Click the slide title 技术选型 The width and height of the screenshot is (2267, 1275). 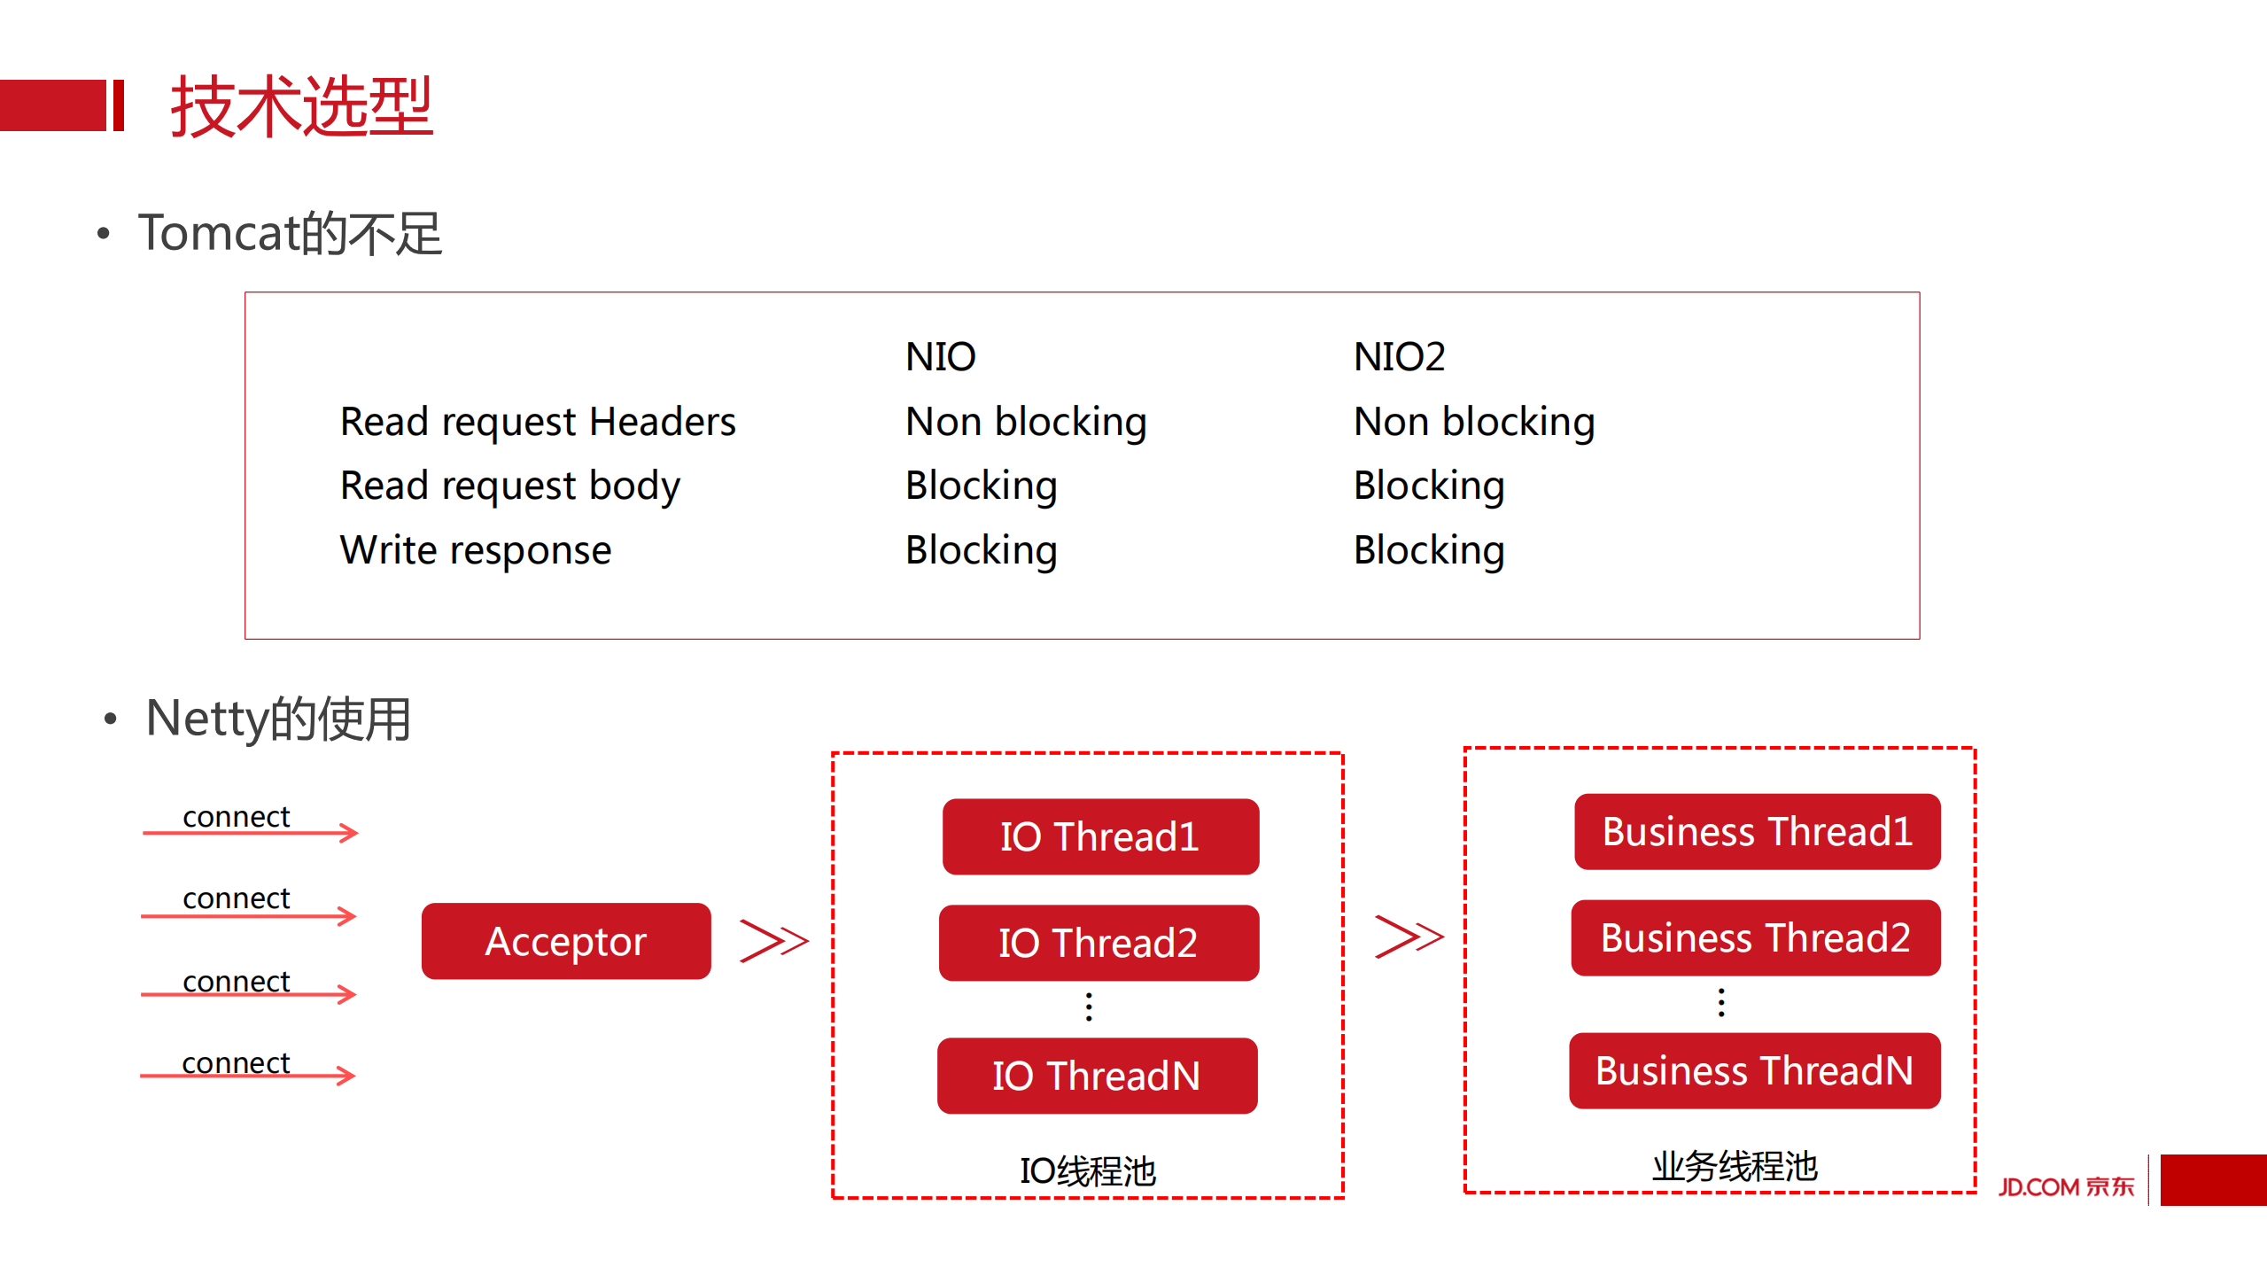click(x=301, y=106)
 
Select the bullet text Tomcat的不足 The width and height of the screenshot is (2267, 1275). click(x=290, y=234)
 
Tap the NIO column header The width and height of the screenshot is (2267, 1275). click(x=940, y=357)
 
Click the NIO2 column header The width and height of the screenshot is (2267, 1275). click(x=1399, y=357)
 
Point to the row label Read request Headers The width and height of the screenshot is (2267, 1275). click(x=538, y=422)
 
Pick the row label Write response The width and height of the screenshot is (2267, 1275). click(x=476, y=550)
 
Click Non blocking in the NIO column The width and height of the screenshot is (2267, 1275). click(x=1026, y=422)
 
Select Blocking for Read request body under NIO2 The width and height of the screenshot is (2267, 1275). click(x=1429, y=486)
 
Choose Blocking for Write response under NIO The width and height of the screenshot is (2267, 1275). click(x=981, y=550)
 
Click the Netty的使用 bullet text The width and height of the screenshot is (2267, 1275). click(x=278, y=718)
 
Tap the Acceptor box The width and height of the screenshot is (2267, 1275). click(x=566, y=941)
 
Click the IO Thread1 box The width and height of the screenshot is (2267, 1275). click(x=1100, y=836)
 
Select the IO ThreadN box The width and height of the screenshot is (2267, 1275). click(x=1097, y=1076)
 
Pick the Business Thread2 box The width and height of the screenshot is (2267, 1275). click(x=1755, y=937)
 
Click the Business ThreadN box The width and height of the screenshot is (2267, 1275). click(x=1754, y=1070)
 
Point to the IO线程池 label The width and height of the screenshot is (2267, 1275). click(x=1088, y=1171)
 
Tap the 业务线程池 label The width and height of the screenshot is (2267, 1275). click(x=1735, y=1166)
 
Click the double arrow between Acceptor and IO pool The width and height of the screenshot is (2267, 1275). click(x=773, y=940)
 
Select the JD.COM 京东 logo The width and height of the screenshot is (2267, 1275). click(x=2066, y=1186)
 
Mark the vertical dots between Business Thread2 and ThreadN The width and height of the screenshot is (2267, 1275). click(x=1721, y=1003)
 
